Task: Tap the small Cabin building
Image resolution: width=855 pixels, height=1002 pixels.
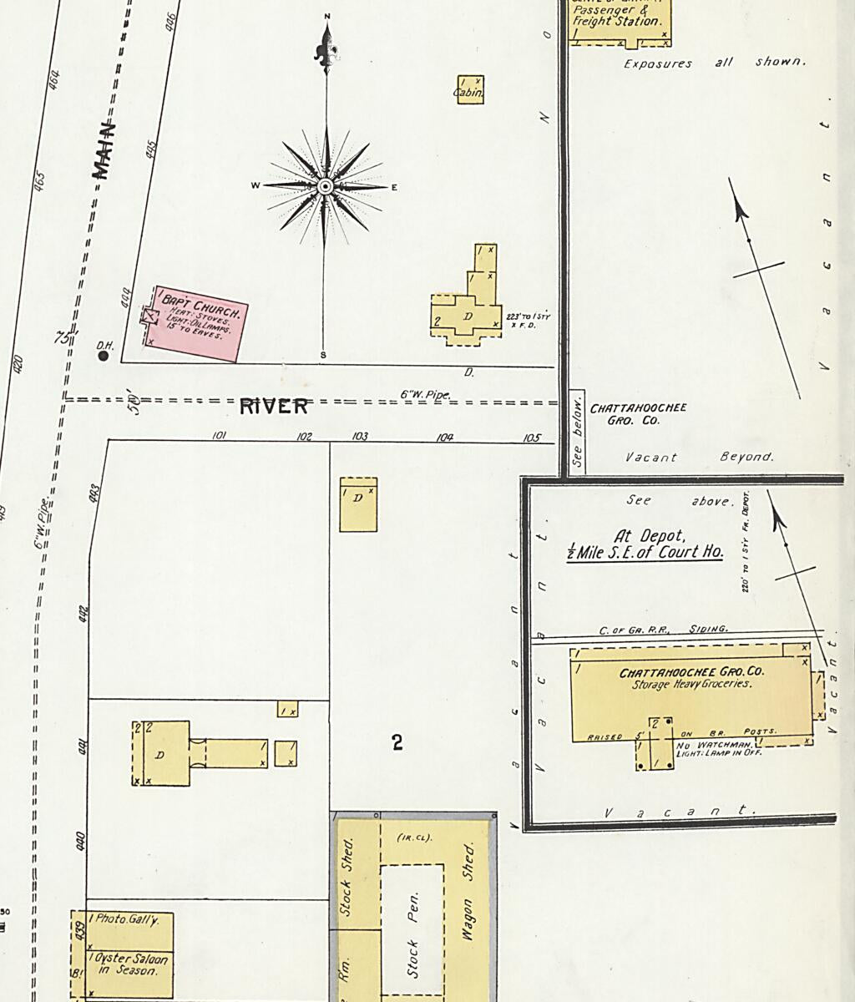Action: tap(469, 89)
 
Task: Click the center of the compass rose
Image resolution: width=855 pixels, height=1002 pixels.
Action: tap(326, 186)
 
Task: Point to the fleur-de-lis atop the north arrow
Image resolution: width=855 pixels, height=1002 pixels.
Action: tap(326, 50)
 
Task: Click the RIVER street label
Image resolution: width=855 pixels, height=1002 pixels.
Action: tap(274, 407)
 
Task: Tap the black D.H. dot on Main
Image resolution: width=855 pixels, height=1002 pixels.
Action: tap(104, 356)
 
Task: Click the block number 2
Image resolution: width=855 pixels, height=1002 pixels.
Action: tap(397, 741)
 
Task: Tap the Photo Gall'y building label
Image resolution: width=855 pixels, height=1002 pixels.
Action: tap(124, 919)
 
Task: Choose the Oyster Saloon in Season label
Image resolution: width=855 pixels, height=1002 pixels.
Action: tap(131, 964)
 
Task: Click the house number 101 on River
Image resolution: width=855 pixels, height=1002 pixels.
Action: tap(220, 435)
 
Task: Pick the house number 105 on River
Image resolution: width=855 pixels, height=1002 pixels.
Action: tap(531, 438)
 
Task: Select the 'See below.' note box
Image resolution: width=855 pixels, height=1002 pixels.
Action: tap(577, 433)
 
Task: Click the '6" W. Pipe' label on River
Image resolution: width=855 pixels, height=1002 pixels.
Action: tap(425, 395)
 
